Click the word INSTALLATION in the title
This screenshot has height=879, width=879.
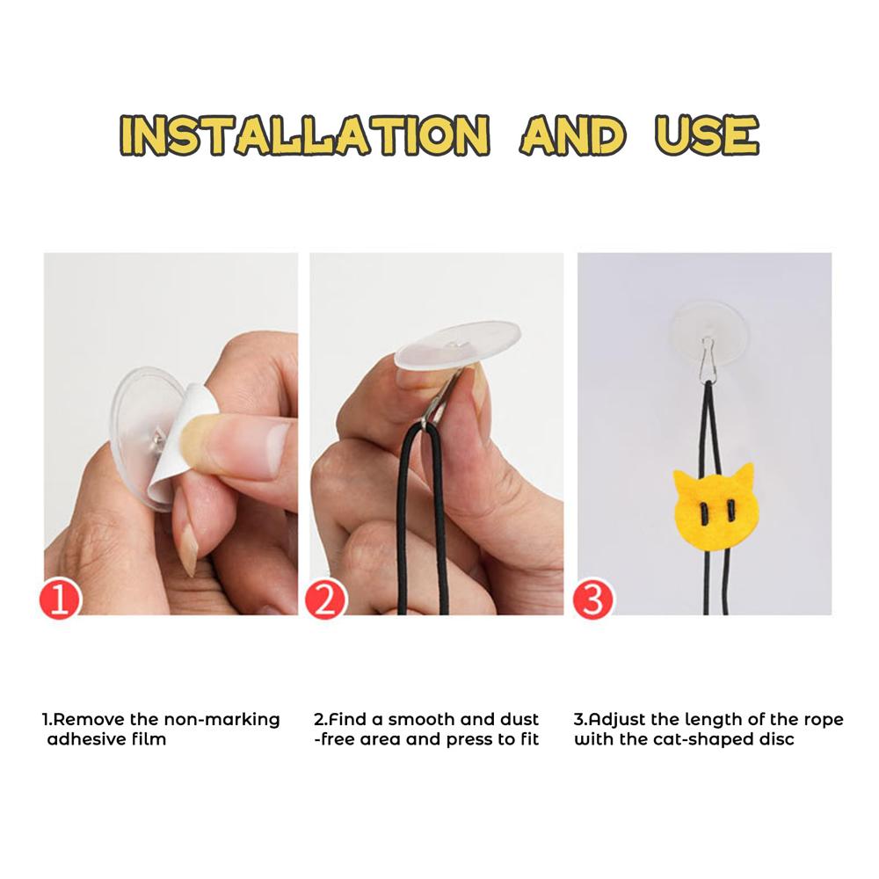click(x=304, y=135)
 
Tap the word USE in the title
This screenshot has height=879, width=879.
click(x=707, y=135)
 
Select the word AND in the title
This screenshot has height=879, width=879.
click(x=572, y=135)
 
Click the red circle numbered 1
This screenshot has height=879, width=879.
click(x=60, y=599)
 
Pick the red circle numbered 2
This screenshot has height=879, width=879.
click(x=325, y=599)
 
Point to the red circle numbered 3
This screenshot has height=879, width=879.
click(x=592, y=599)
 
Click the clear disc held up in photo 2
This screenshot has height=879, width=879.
click(x=457, y=345)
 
